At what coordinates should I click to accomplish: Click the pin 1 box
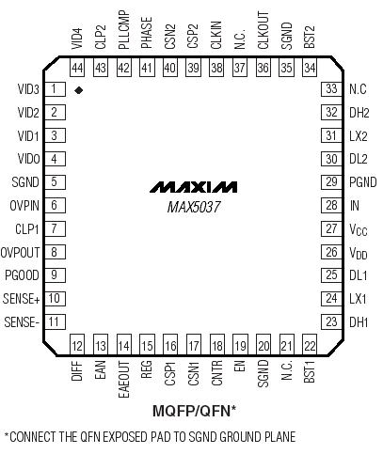pyautogui.click(x=56, y=89)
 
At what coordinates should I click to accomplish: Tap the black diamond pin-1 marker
pyautogui.click(x=78, y=90)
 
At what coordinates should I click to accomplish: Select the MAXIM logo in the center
pyautogui.click(x=193, y=187)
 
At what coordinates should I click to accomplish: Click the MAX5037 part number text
pyautogui.click(x=194, y=207)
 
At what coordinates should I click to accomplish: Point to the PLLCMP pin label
pyautogui.click(x=124, y=30)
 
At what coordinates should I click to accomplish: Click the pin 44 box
pyautogui.click(x=77, y=68)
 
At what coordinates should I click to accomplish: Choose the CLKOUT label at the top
pyautogui.click(x=263, y=30)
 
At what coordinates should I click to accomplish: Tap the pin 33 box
pyautogui.click(x=331, y=89)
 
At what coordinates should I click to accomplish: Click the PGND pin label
pyautogui.click(x=363, y=182)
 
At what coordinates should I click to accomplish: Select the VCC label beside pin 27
pyautogui.click(x=359, y=230)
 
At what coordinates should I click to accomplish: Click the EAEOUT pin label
pyautogui.click(x=124, y=380)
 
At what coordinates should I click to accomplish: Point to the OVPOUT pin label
pyautogui.click(x=20, y=252)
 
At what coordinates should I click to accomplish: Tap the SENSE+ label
pyautogui.click(x=22, y=299)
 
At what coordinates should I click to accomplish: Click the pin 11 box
pyautogui.click(x=56, y=321)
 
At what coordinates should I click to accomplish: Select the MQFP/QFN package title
pyautogui.click(x=194, y=411)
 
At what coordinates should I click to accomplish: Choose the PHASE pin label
pyautogui.click(x=147, y=33)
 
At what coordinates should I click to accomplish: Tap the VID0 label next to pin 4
pyautogui.click(x=28, y=159)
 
